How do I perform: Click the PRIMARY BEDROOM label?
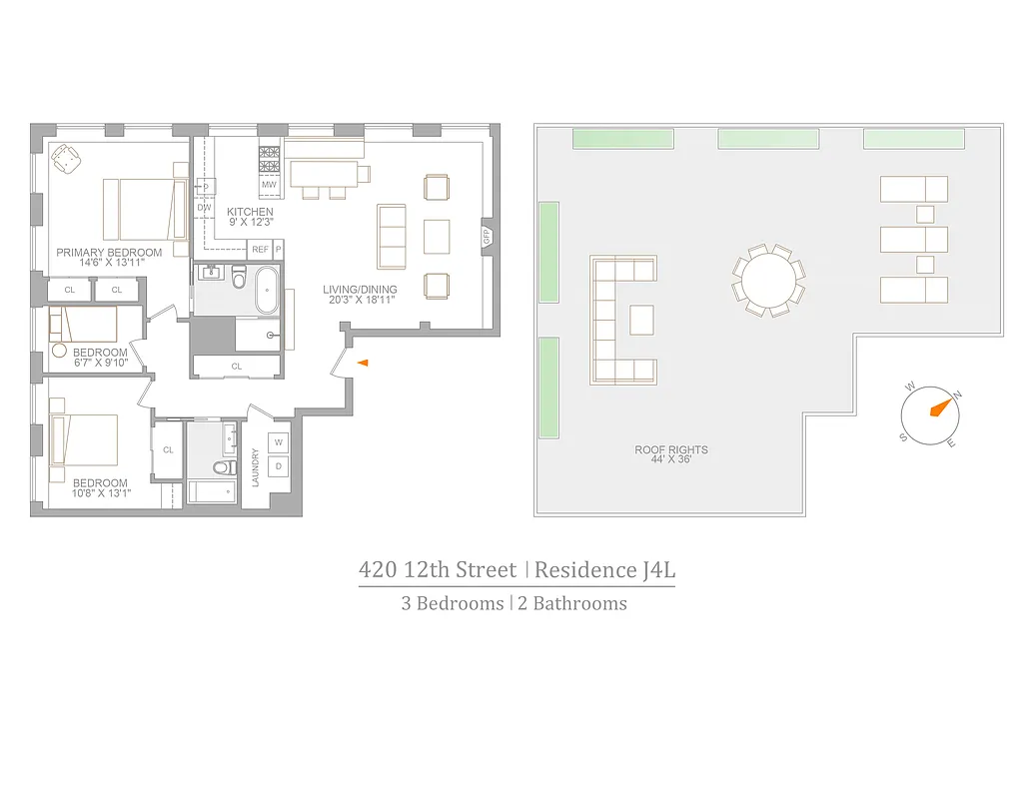109,252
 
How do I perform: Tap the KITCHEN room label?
250,212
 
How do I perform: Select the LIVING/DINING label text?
360,290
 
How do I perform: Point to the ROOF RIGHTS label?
671,449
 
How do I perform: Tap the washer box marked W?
279,442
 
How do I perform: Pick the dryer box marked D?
279,465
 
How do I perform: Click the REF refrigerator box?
260,249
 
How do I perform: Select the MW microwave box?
269,185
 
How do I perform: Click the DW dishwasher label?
204,208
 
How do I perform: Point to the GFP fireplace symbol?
488,237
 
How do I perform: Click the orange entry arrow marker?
363,363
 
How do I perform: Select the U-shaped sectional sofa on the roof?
614,320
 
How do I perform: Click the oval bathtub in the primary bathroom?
268,291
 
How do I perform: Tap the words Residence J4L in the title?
604,570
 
